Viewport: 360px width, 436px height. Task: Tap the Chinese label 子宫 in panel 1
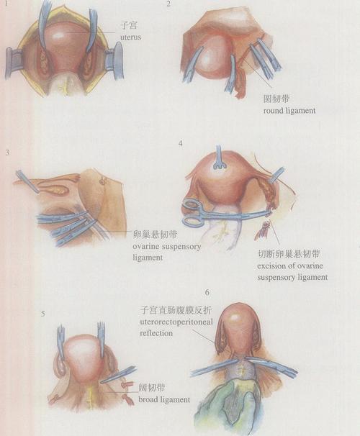[130, 24]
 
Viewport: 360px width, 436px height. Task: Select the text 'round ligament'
[290, 112]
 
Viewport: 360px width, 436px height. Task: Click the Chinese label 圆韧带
[276, 99]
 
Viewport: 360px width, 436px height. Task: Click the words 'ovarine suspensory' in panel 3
[168, 247]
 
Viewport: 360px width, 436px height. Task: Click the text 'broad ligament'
[164, 399]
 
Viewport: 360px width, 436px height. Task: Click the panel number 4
[180, 143]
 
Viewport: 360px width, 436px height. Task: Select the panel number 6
[207, 293]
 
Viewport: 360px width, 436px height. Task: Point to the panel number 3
[6, 153]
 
